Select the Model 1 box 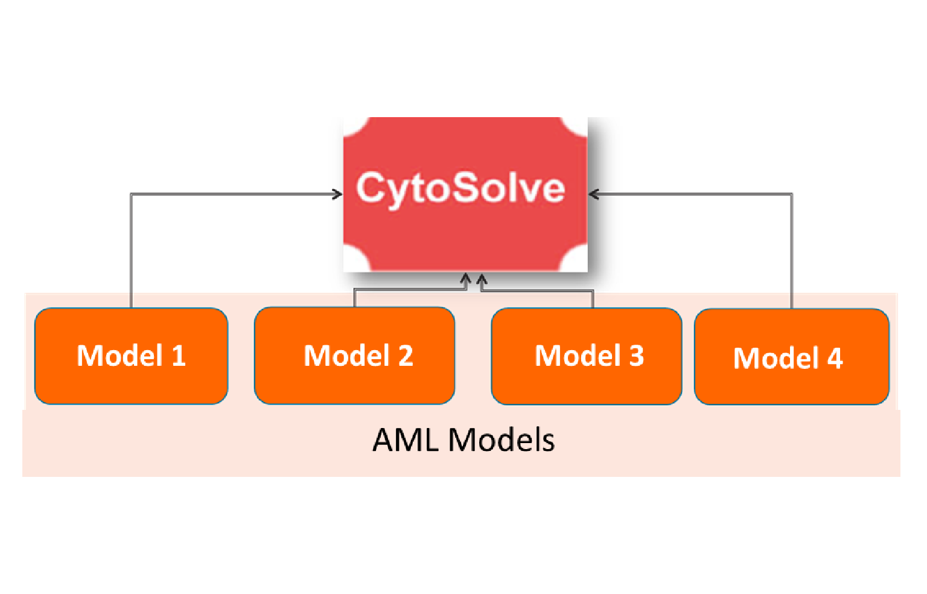click(x=131, y=356)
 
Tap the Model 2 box click(x=354, y=356)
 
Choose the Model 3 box click(x=586, y=356)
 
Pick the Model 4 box click(x=791, y=357)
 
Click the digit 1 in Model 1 click(x=179, y=356)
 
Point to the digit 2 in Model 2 click(x=406, y=356)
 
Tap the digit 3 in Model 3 click(x=637, y=356)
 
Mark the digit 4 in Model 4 click(x=835, y=358)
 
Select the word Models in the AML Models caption click(x=501, y=440)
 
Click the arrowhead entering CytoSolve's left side click(x=337, y=194)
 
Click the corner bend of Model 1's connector click(x=132, y=194)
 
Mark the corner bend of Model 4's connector click(x=791, y=194)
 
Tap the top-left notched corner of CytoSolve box click(x=352, y=125)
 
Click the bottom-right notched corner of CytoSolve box click(x=578, y=263)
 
